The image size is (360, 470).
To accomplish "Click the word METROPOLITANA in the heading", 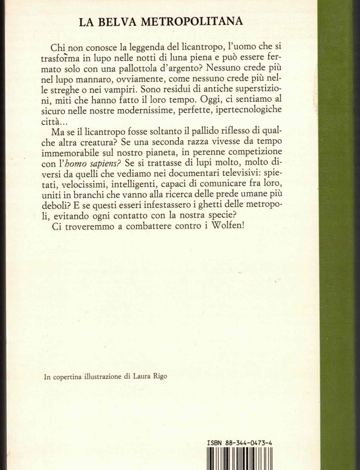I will (192, 22).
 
